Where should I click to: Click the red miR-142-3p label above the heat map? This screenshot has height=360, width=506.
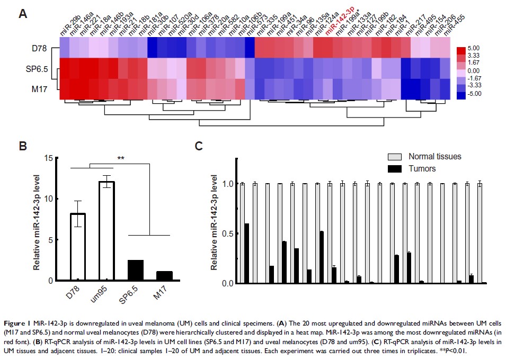pos(341,24)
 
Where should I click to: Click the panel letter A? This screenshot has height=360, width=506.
pos(23,14)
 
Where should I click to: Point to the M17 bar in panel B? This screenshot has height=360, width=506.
pos(165,276)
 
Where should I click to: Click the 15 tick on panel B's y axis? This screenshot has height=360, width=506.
pos(48,158)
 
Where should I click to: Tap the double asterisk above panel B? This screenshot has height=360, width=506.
pos(121,158)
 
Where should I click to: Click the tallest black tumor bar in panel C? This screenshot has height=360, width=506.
pos(246,254)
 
